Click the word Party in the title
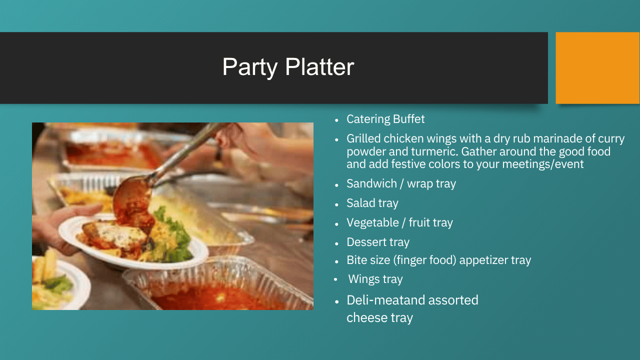point(249,67)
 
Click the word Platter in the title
point(319,66)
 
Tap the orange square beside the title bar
point(597,68)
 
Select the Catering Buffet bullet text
point(385,119)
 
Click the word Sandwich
point(371,183)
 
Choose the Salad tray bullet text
point(372,203)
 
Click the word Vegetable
point(372,222)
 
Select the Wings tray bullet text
point(375,279)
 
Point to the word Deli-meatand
point(385,300)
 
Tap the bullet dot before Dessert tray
point(336,243)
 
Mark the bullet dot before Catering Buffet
point(336,120)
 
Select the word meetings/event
point(542,164)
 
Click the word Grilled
point(363,138)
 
